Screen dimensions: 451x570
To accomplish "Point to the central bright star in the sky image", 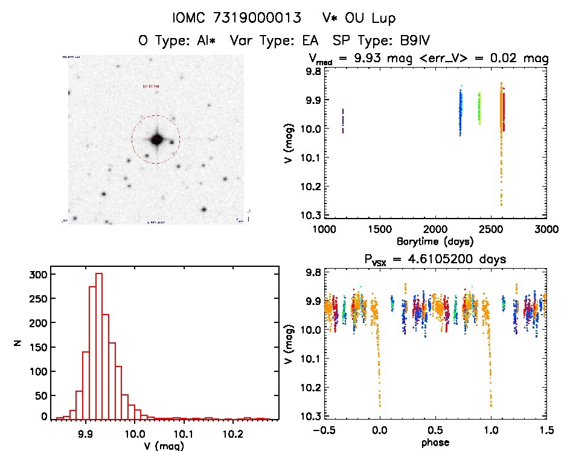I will pyautogui.click(x=156, y=139).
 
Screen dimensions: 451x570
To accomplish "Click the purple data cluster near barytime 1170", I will pyautogui.click(x=343, y=121).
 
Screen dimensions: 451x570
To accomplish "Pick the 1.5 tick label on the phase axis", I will pyautogui.click(x=545, y=430).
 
